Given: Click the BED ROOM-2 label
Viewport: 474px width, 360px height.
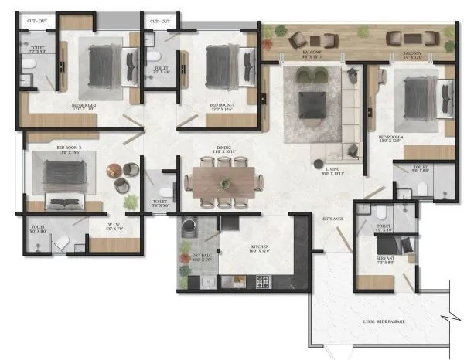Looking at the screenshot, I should pyautogui.click(x=87, y=106).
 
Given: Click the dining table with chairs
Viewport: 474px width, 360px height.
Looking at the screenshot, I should pyautogui.click(x=223, y=183).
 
